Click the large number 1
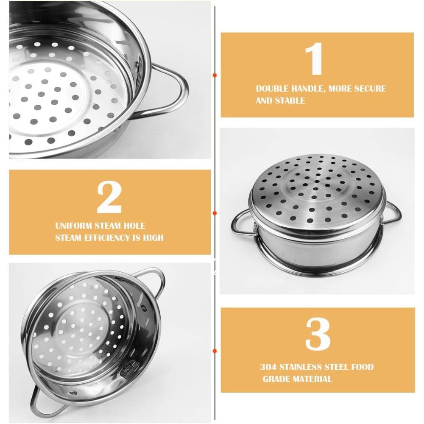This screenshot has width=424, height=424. [315, 59]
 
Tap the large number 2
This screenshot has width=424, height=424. [109, 197]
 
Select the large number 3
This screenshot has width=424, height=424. [318, 334]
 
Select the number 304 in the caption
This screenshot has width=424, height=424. [268, 367]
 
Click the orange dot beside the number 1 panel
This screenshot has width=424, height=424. [215, 75]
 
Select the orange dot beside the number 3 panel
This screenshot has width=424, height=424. [215, 351]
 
